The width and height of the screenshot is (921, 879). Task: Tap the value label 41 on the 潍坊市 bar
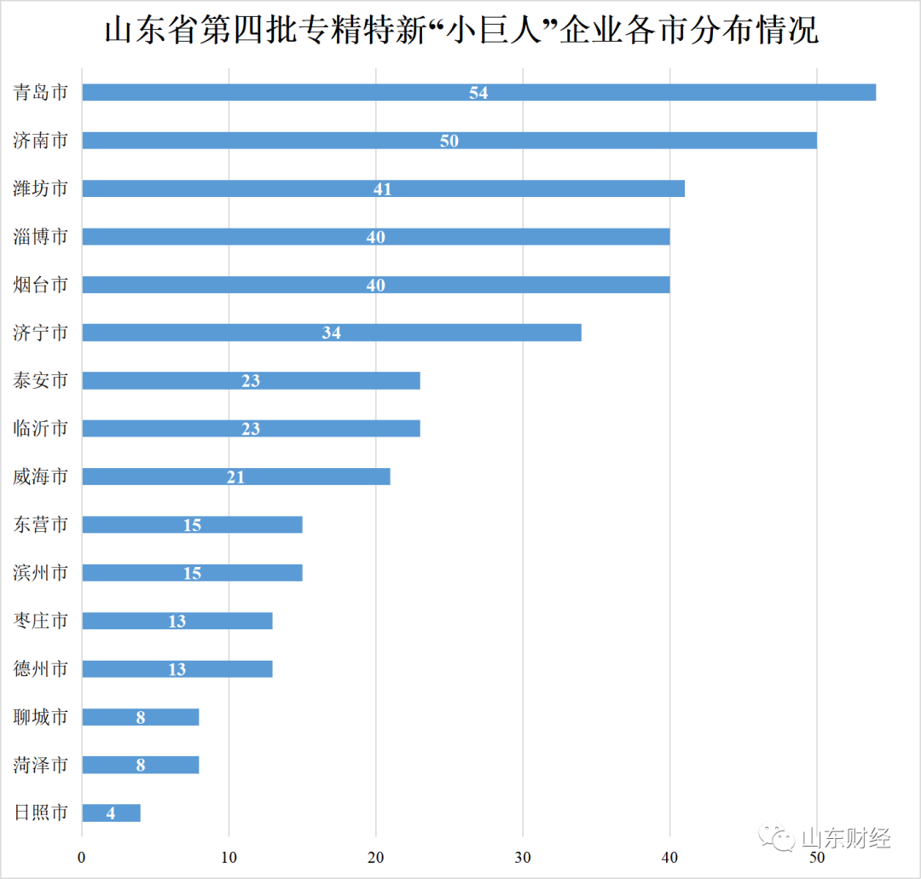[x=383, y=189]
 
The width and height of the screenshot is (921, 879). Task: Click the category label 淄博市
[x=40, y=237]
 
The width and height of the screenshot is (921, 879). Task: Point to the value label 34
[x=332, y=333]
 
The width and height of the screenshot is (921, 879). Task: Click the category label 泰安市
[x=40, y=381]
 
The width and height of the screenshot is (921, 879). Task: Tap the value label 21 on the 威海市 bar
[x=236, y=477]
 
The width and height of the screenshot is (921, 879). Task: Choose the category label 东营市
[x=40, y=525]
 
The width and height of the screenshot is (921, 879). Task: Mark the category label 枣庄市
[x=40, y=621]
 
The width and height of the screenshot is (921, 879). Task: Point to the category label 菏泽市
[x=40, y=765]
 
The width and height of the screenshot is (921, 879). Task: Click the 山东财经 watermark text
[x=846, y=838]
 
